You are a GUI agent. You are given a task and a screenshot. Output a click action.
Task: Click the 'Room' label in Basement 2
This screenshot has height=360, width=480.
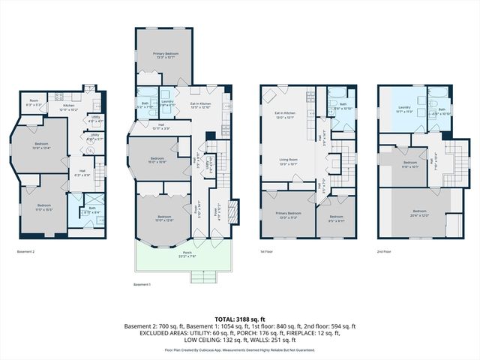(x=34, y=99)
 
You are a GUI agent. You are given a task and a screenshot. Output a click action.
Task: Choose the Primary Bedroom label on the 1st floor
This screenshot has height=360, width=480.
(x=284, y=214)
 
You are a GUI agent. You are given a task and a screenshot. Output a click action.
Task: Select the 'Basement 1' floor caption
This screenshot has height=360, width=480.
(x=142, y=285)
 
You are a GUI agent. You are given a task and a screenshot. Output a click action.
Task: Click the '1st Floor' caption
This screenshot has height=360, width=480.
(x=268, y=251)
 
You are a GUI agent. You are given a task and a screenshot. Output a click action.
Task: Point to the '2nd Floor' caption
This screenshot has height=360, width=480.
(x=385, y=251)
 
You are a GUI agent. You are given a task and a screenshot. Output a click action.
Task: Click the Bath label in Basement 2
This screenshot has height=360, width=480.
(x=91, y=209)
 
